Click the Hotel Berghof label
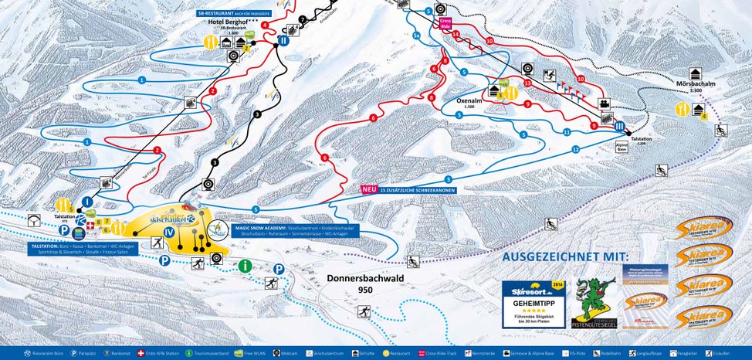[x=224, y=22]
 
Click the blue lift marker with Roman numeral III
[x=620, y=126]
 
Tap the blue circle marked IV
[x=167, y=230]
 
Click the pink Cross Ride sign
[x=445, y=24]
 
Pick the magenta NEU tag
[x=369, y=188]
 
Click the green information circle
[x=246, y=266]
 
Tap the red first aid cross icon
[x=90, y=226]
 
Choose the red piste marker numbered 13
[x=527, y=83]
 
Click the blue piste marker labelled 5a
[x=416, y=36]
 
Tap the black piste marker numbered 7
[x=303, y=19]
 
